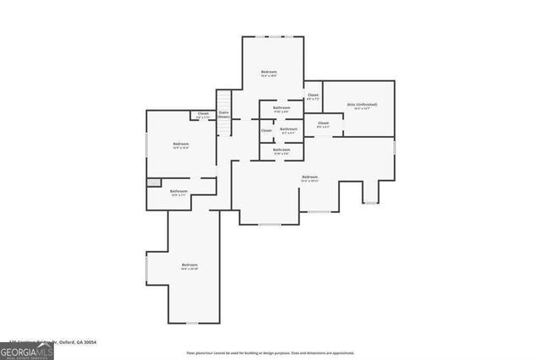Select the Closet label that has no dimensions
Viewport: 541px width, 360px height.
266,130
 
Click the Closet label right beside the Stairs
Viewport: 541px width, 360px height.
203,114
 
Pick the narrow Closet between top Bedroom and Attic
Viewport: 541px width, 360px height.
313,96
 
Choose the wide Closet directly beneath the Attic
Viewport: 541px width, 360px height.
323,123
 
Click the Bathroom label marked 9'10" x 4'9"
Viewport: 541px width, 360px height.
281,108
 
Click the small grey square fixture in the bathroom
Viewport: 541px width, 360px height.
152,182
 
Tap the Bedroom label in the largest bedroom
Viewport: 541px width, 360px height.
309,177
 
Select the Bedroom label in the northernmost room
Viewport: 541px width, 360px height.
268,73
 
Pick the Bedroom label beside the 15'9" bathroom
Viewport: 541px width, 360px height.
181,145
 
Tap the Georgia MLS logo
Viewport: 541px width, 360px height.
27,349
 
